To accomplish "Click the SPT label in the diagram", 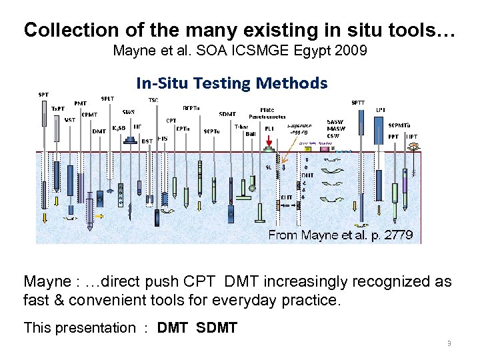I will point(43,95).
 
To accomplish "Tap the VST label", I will point(69,120).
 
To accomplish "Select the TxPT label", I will point(59,108).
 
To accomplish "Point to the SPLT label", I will point(107,99).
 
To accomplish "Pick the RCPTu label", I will point(193,107).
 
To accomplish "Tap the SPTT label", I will point(358,102).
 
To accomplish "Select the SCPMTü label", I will point(399,125).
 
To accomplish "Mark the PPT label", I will point(393,136).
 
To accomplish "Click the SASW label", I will point(335,122).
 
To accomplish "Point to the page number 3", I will point(449,343).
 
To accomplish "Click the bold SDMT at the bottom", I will point(217,327).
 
